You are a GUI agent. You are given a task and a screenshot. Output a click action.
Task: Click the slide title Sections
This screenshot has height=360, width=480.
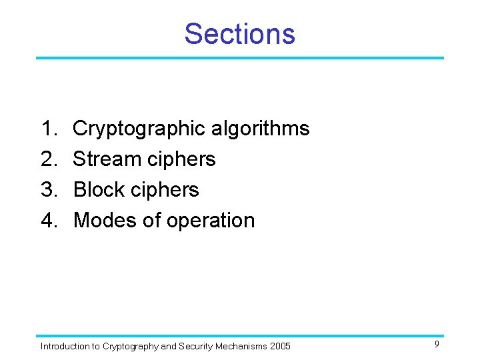[239, 33]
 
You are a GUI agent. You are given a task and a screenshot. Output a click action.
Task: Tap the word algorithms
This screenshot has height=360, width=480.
[261, 128]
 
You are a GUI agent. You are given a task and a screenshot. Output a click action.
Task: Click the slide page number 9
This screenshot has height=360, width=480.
[437, 344]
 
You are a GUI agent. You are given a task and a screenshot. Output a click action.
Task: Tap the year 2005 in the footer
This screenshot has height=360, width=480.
[280, 346]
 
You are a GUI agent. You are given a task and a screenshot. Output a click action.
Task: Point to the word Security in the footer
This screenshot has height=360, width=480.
[196, 346]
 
